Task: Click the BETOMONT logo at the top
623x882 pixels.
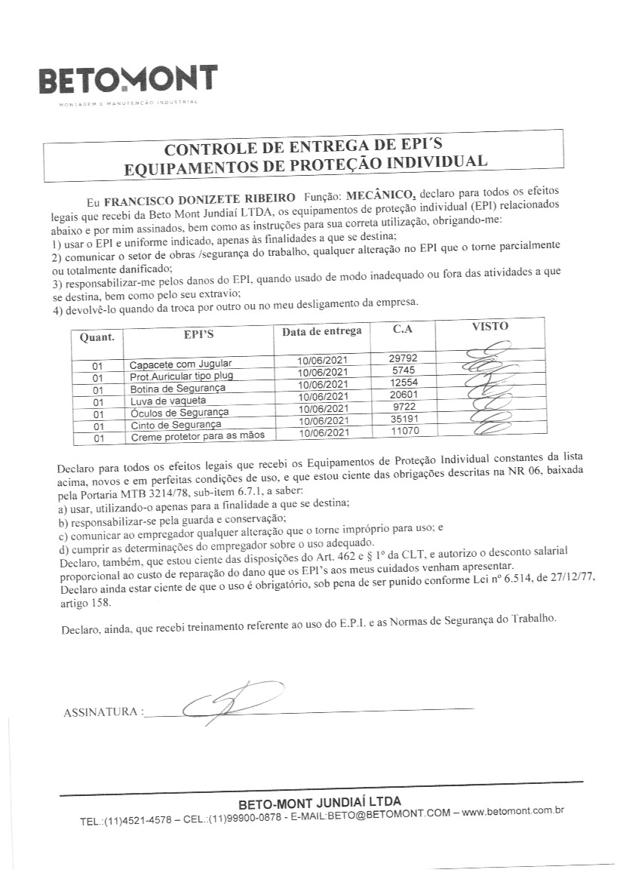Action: tap(127, 81)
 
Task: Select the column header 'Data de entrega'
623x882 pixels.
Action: tap(321, 330)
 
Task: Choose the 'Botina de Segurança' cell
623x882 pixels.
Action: tap(173, 388)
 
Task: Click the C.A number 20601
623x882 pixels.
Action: tap(404, 395)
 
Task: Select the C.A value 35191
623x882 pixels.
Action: tap(404, 419)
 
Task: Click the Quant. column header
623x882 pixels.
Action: tap(97, 337)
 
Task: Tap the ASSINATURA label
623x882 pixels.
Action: tap(102, 711)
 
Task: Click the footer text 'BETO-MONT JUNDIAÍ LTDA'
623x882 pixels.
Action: tap(320, 801)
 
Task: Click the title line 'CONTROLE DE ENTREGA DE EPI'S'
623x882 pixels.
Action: tap(305, 146)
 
